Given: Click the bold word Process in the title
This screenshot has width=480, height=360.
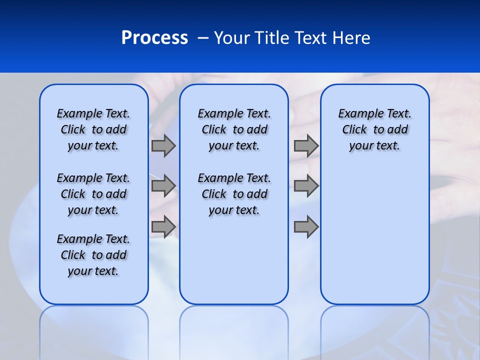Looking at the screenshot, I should click(154, 38).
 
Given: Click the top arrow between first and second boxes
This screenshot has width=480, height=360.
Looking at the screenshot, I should click(163, 145).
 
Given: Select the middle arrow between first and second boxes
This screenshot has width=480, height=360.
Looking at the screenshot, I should click(163, 186).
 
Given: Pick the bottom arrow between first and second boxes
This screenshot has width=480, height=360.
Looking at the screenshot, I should click(163, 227).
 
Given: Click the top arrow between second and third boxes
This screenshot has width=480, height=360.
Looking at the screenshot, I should click(306, 145).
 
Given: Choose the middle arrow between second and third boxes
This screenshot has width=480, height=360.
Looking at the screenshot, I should click(306, 186).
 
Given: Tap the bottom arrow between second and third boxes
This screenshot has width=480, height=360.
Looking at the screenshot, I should click(306, 227).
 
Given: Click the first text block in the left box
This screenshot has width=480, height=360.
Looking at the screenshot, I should click(93, 129).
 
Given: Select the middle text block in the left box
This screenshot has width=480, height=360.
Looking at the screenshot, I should click(93, 194).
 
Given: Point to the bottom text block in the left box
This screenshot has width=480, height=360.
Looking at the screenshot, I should click(93, 255).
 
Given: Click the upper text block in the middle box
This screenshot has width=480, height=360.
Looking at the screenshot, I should click(234, 129).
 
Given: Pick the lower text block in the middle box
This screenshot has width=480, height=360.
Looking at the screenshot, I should click(234, 194).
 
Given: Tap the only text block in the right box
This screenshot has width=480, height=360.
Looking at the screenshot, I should click(374, 129).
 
